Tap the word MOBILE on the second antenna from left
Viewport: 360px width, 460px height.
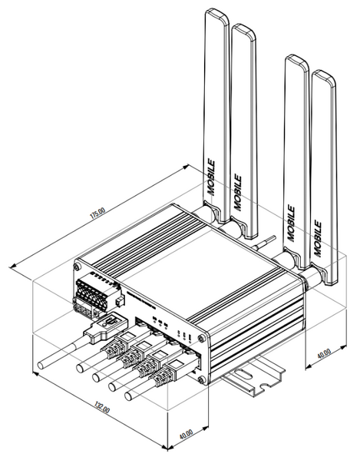coord(238,187)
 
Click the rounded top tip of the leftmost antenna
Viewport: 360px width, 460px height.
coord(216,14)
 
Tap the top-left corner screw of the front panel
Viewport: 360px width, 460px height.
coord(78,266)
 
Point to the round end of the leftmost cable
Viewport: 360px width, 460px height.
coord(40,363)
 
